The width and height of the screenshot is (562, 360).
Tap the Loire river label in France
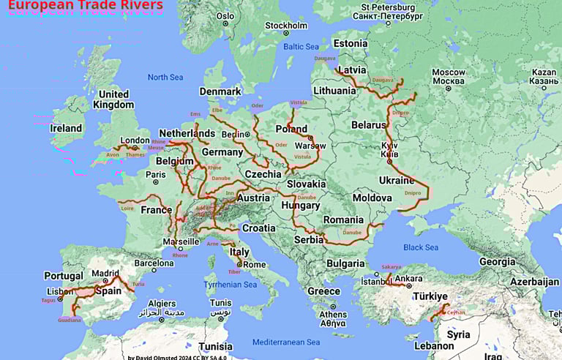[x=127, y=208]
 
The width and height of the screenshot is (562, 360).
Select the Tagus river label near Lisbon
[x=48, y=300]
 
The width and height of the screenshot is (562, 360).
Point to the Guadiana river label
[x=70, y=320]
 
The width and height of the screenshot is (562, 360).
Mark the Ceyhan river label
[x=456, y=311]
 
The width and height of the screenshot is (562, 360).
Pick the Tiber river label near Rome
[x=234, y=271]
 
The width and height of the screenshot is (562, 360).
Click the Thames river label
[x=135, y=154]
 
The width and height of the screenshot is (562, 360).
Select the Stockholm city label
[x=286, y=26]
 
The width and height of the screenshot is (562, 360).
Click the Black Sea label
[x=421, y=247]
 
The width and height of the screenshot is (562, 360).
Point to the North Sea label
[x=165, y=77]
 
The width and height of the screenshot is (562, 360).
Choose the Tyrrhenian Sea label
[x=231, y=285]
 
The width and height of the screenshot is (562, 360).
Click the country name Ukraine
[x=397, y=180]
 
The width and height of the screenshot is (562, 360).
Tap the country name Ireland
[x=66, y=128]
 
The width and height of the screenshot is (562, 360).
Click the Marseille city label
[x=180, y=241]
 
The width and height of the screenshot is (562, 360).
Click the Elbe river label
[x=217, y=110]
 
